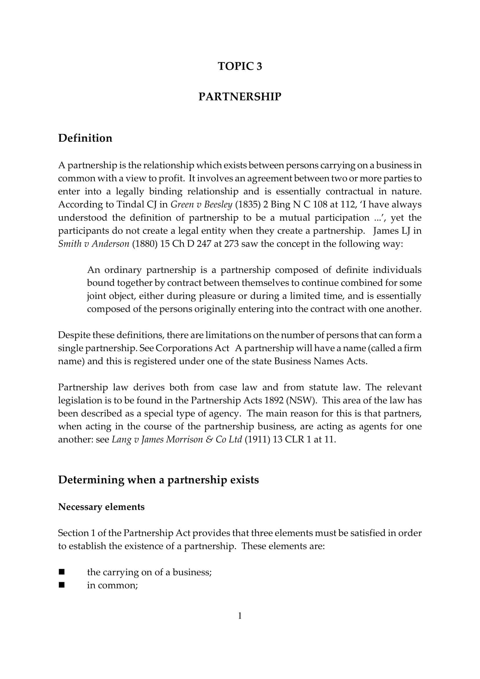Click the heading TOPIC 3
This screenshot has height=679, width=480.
point(240,66)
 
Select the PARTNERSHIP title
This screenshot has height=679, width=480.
point(240,97)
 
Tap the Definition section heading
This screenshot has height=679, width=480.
point(85,138)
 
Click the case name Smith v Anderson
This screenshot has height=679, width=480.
point(94,244)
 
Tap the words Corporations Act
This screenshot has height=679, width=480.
point(192,348)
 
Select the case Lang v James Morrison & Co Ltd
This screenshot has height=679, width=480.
point(177,440)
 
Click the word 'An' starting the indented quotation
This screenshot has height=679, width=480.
point(94,270)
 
